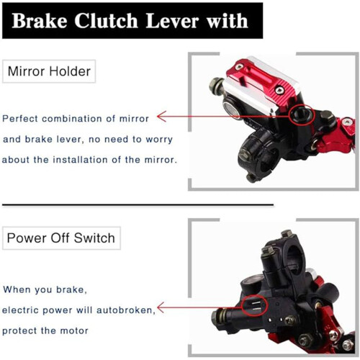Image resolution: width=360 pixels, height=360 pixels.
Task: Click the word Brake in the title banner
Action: (40, 21)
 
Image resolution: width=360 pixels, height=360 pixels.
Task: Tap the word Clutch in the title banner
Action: (106, 21)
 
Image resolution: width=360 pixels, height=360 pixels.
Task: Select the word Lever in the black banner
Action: (172, 21)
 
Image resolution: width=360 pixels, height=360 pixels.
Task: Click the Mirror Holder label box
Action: (49, 71)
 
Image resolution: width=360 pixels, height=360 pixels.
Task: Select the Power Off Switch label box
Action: (61, 238)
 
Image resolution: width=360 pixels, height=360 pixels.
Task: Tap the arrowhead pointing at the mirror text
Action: (161, 117)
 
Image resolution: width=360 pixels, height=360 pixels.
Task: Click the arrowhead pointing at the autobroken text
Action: (161, 307)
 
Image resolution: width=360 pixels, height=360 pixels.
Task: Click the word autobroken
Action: (125, 310)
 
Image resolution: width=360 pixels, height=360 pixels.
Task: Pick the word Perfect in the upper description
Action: (20, 119)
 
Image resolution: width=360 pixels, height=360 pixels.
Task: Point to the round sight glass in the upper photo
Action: (232, 109)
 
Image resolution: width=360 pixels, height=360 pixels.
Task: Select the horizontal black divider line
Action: (138, 204)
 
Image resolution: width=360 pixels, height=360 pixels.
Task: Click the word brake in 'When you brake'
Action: (71, 289)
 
